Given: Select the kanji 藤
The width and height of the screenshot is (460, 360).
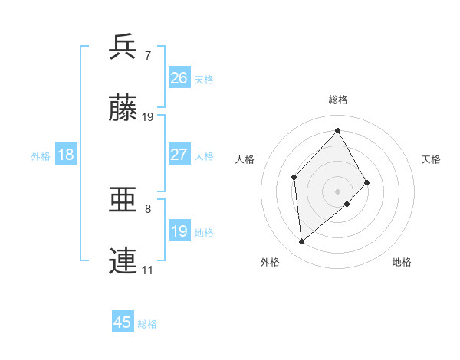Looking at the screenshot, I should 124,109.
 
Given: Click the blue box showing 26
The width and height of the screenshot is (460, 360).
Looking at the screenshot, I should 179,77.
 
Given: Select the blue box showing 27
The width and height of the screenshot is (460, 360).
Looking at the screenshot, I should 179,155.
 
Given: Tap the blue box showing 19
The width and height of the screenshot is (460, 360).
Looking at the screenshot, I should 179,231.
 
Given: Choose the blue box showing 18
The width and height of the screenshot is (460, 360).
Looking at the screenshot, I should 66,155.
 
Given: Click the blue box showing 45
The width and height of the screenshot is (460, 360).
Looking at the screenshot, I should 123,322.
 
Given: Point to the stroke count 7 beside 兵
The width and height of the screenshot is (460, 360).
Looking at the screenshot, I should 148,55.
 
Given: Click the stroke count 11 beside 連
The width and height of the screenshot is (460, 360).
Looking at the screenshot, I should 148,270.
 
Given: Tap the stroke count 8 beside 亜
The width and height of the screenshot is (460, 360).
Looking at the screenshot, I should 148,208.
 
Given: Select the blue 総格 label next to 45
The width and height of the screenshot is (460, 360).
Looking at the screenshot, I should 147,324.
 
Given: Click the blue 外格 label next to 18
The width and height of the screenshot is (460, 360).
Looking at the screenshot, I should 41,155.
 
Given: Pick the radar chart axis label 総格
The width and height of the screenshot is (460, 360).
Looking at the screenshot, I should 337,100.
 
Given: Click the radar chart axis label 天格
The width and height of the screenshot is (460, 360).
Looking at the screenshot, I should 432,159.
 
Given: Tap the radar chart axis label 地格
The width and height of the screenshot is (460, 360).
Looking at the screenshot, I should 402,262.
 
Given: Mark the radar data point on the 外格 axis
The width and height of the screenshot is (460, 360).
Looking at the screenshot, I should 302,242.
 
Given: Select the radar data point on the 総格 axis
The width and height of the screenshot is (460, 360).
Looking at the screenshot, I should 337,130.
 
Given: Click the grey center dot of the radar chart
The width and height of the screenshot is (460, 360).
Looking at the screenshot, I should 337,190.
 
